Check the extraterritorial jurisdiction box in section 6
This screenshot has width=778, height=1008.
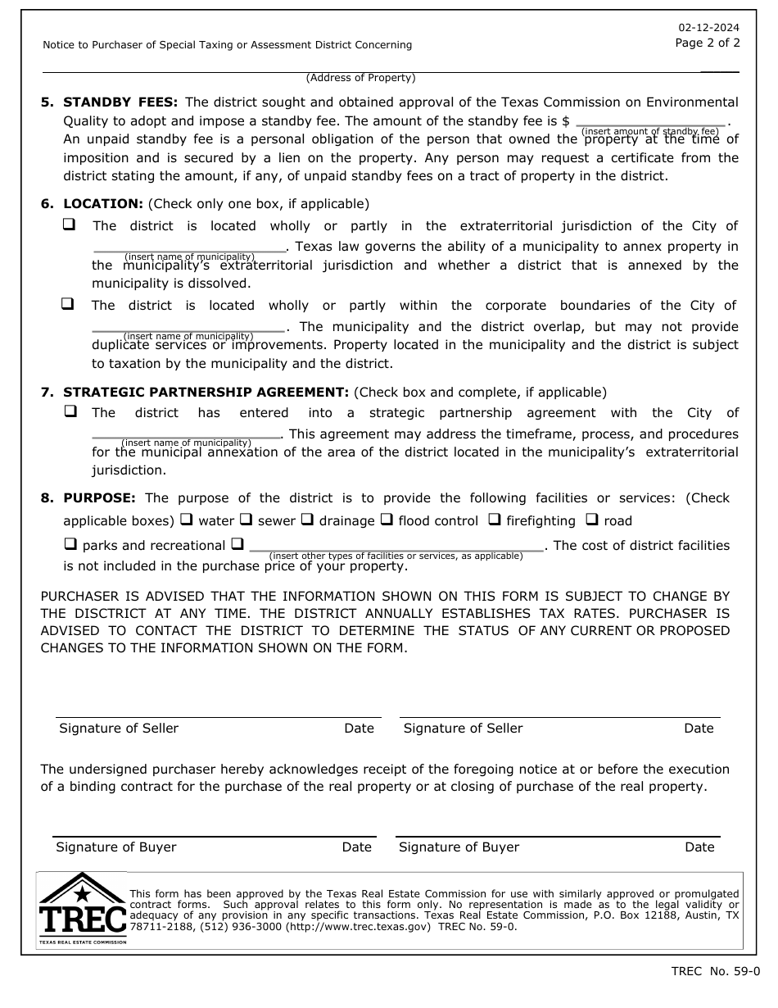tap(70, 224)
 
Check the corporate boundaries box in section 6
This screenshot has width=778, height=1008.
tap(68, 303)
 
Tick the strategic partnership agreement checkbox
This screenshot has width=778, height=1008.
tap(70, 411)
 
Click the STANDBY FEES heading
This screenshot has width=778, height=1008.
tap(120, 102)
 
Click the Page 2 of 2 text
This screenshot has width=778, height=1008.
tap(708, 43)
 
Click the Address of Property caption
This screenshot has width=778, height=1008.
tap(360, 78)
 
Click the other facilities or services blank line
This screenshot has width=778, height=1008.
tap(396, 547)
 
